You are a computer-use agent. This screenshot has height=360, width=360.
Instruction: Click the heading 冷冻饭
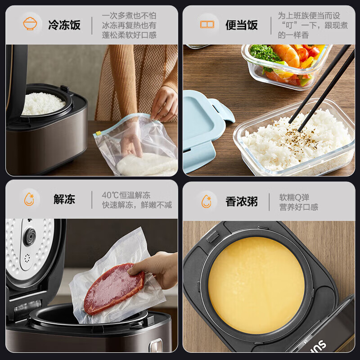click(x=64, y=25)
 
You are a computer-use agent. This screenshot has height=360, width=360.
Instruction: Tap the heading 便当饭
click(x=242, y=25)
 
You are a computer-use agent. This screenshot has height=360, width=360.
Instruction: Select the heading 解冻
click(x=64, y=199)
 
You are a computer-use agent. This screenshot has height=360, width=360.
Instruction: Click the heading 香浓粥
click(x=242, y=201)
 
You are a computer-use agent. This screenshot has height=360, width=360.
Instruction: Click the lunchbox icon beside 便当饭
click(x=207, y=24)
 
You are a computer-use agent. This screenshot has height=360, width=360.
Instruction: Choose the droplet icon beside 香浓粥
click(x=207, y=201)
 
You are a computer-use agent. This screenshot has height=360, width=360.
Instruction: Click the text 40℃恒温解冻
click(x=126, y=195)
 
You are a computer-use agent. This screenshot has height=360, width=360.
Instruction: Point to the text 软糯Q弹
click(x=294, y=197)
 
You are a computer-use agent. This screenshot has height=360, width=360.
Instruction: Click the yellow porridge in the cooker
click(x=256, y=285)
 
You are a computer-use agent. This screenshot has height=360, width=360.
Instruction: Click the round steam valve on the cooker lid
click(x=30, y=236)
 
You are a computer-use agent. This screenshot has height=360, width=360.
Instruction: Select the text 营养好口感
click(x=299, y=207)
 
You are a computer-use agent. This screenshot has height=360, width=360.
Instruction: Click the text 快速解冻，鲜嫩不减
click(x=137, y=205)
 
